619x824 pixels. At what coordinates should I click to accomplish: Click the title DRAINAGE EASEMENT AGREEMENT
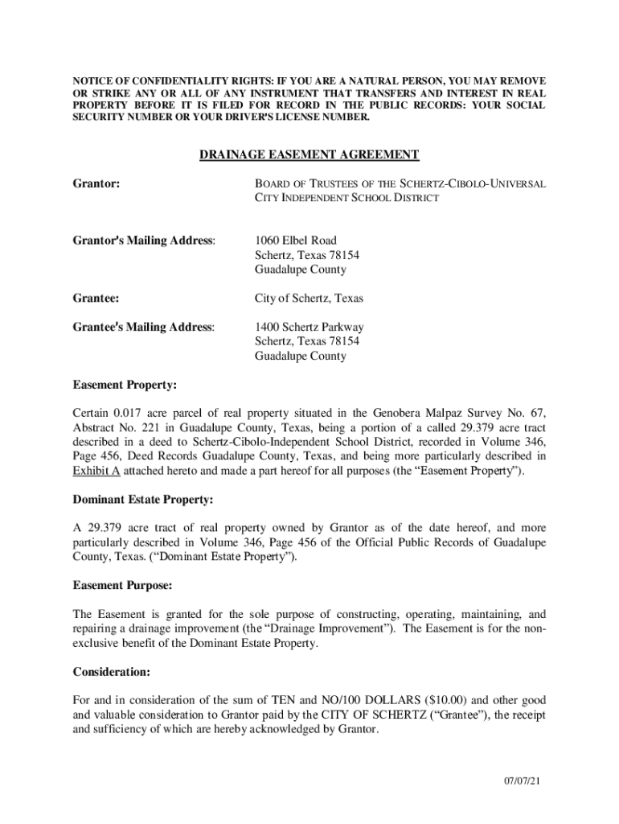tap(309, 154)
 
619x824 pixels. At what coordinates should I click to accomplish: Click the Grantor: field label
tap(96, 183)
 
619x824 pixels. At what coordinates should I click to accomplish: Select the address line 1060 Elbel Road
tap(295, 241)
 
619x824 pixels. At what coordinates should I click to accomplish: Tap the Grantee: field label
tap(96, 299)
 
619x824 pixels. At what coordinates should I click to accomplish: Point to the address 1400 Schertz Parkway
tap(309, 328)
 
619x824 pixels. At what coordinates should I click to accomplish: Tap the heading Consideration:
tap(111, 671)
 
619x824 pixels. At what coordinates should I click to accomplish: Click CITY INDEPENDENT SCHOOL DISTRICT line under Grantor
tap(346, 198)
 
